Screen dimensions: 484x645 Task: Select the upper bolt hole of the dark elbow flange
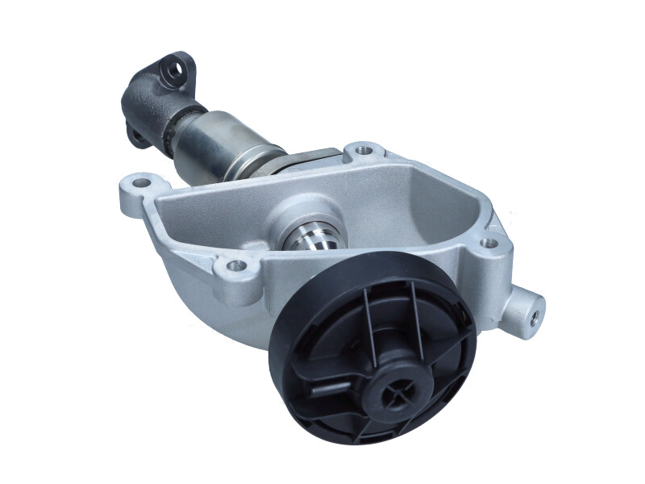(x=173, y=70)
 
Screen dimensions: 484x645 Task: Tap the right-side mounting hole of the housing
(x=489, y=242)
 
